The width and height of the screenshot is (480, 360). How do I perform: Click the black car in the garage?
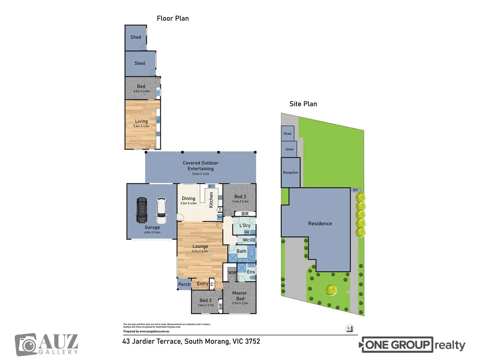[142, 210]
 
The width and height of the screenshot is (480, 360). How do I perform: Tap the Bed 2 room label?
[240, 197]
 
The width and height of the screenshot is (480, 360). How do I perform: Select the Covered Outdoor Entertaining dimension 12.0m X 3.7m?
[200, 174]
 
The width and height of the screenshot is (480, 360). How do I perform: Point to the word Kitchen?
[211, 200]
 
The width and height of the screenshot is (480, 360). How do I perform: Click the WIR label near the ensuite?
[232, 272]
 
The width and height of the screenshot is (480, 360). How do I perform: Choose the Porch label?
[184, 284]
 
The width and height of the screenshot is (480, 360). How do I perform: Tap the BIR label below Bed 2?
[245, 214]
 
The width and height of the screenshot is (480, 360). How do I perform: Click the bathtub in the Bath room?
[251, 253]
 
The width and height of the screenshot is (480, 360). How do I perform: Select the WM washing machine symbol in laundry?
[247, 232]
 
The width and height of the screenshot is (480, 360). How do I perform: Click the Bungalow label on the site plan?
[291, 172]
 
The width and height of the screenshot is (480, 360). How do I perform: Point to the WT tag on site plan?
[356, 190]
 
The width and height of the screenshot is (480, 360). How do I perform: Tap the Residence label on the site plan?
[320, 223]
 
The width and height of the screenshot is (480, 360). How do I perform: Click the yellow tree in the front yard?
[331, 290]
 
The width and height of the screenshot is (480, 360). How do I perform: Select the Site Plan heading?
[303, 104]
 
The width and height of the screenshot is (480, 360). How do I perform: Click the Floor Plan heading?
[173, 18]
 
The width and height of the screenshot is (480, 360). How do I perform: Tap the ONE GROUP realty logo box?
[397, 345]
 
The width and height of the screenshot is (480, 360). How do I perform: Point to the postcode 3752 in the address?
[252, 341]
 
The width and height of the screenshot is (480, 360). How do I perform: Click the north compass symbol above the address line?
[349, 329]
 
